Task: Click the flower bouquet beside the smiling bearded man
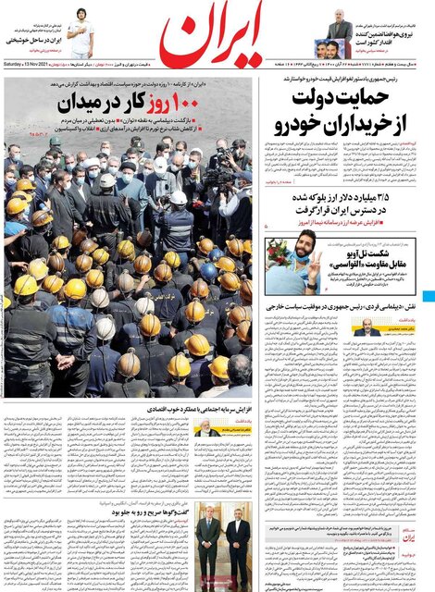pos(279,254)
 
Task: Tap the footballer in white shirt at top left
pos(81,33)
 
